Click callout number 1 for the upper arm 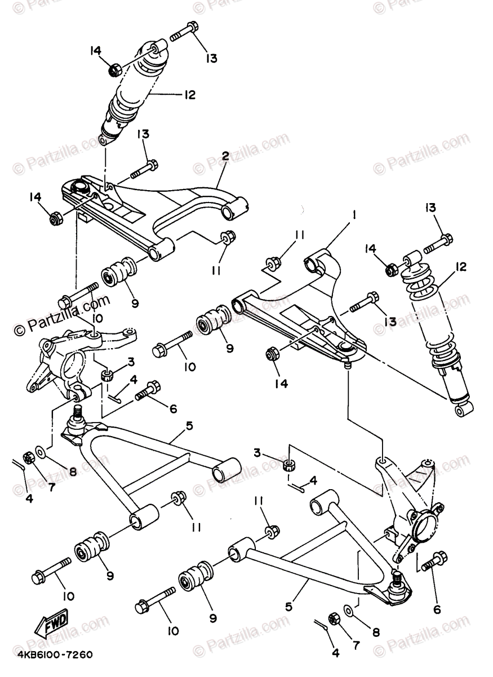coord(356,214)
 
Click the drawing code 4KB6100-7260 coord(55,656)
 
